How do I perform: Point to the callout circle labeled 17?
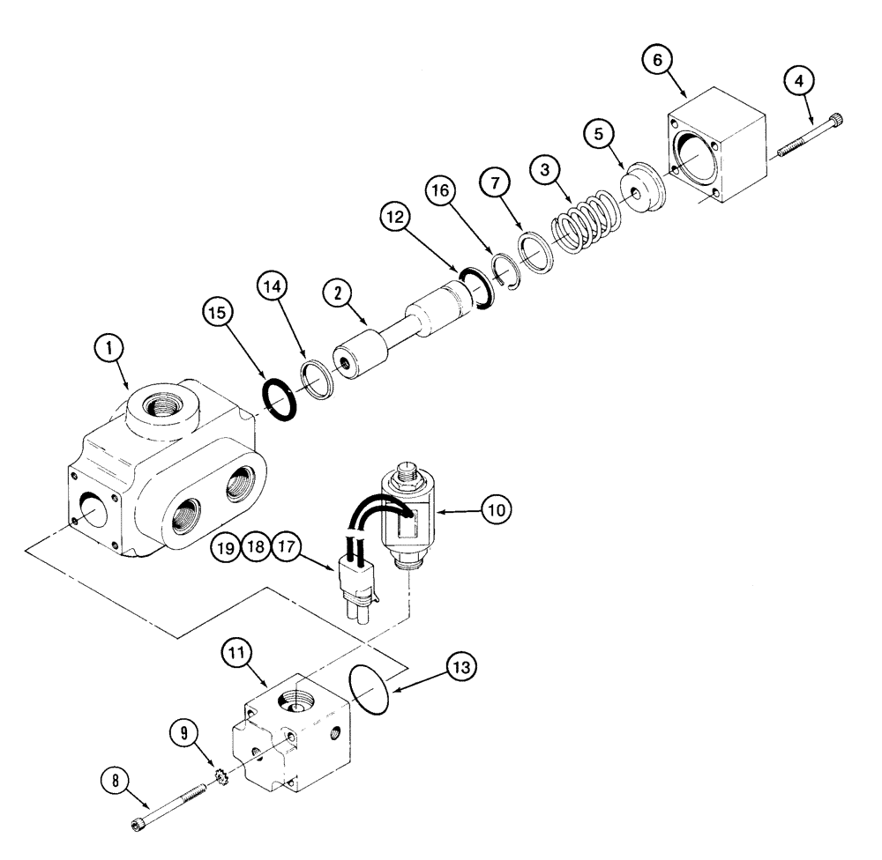click(287, 545)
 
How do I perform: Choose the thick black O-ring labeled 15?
click(280, 398)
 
